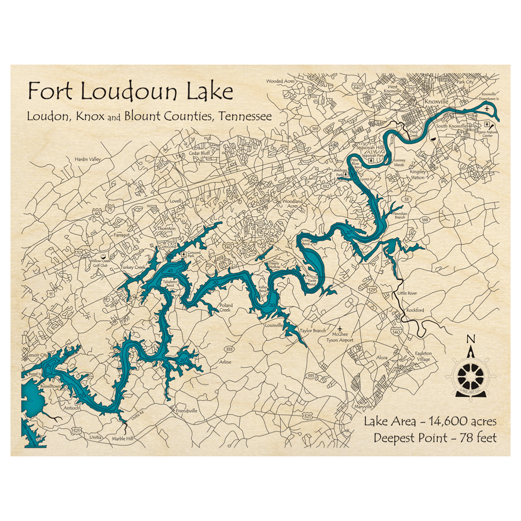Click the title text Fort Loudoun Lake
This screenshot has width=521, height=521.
(130, 92)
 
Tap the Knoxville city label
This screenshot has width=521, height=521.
(437, 101)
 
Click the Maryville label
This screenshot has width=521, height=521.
(365, 406)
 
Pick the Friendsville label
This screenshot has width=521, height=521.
(186, 411)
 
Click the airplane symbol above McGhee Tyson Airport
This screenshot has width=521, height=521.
(340, 329)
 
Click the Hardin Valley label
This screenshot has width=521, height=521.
(87, 159)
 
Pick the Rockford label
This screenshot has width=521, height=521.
(415, 311)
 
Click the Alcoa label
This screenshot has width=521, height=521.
(382, 358)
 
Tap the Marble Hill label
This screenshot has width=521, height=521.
(123, 439)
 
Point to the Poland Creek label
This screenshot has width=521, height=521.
(226, 307)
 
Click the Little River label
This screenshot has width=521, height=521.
(407, 294)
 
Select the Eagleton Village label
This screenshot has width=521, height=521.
(423, 356)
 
